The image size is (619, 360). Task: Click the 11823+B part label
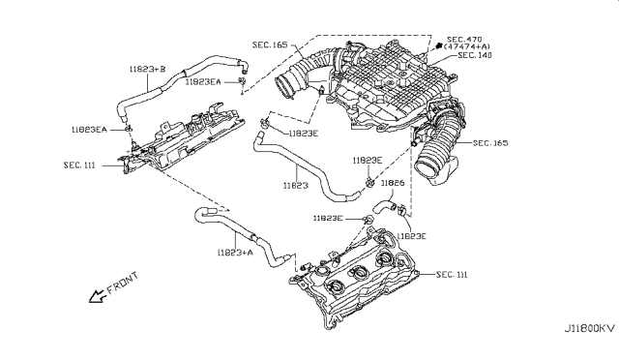[x=147, y=70]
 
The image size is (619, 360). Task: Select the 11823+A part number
[x=235, y=253]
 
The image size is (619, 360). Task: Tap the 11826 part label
[x=393, y=183]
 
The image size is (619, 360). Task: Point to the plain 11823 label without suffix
[x=295, y=185]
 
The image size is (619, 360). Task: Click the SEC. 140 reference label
[x=475, y=55]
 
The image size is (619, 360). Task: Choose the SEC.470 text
[x=464, y=40]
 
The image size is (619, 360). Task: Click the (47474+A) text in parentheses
[x=466, y=46]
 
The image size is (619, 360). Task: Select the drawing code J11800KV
[x=590, y=328]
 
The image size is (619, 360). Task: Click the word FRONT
[x=123, y=284]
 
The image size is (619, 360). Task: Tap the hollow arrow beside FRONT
[x=97, y=296]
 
